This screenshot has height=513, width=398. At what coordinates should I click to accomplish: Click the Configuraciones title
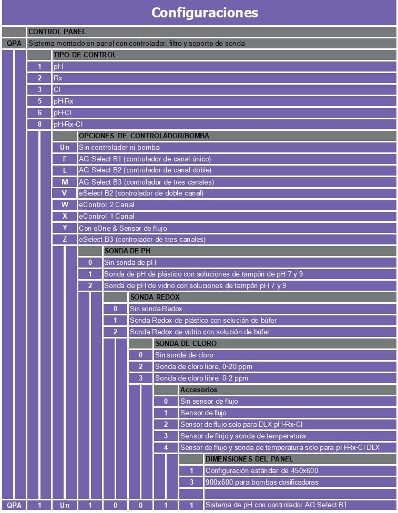point(205,12)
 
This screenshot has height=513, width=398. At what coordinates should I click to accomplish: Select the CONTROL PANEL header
point(57,32)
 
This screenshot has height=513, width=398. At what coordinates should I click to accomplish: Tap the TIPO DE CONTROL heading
point(84,55)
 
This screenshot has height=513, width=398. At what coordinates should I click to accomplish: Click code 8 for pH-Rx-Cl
point(39,125)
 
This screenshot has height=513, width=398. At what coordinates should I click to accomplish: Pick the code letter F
point(65,159)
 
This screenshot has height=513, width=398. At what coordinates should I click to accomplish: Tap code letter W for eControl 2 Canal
point(65,205)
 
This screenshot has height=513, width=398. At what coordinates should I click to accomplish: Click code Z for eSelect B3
point(65,239)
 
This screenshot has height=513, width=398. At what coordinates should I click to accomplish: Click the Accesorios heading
point(199,390)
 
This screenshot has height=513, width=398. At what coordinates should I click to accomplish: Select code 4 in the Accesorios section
point(166,447)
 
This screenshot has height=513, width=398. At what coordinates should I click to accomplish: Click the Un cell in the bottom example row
point(65,505)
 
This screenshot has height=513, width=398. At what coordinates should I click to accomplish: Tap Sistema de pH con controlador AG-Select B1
point(276,505)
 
